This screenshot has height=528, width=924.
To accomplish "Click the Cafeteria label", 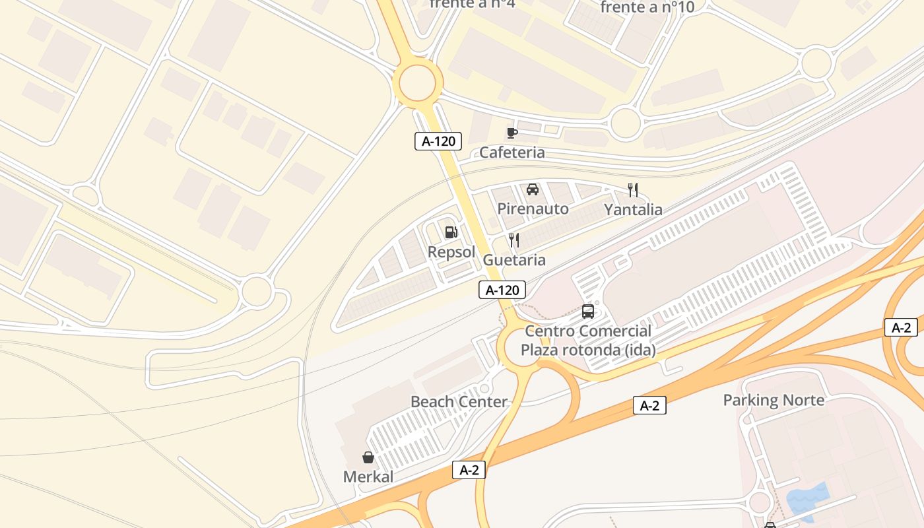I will point(512,152).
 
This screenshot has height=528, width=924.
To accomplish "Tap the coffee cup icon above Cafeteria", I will point(511,133).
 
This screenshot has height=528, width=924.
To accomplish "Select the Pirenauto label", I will point(533,209).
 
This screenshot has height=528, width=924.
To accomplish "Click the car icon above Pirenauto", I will point(533,189).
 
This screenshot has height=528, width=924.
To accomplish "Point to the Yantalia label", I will point(633,210).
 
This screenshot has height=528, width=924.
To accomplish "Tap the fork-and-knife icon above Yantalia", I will point(633,190).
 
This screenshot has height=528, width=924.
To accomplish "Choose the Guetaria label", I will point(514,260).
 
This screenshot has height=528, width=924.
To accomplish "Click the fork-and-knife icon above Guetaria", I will point(514,240).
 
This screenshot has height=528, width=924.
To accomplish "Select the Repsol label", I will point(451,252).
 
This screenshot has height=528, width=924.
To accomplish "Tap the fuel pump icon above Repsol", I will point(451,232).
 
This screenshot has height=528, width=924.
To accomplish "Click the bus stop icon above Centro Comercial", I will point(588,312).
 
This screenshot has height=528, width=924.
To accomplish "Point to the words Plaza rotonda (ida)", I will point(589,350).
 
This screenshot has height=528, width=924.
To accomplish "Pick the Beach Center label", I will point(459,401).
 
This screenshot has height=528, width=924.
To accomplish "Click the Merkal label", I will point(368,477).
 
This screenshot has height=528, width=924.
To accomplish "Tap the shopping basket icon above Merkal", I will point(368,457).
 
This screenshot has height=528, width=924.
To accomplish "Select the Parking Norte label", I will point(774,400).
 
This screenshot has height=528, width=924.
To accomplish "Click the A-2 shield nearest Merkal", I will point(469,470).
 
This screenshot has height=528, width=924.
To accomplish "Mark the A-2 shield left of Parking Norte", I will point(649,406).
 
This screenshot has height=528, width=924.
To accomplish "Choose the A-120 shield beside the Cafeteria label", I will point(438,141).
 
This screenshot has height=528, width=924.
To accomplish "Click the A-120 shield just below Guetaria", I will point(502,290).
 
